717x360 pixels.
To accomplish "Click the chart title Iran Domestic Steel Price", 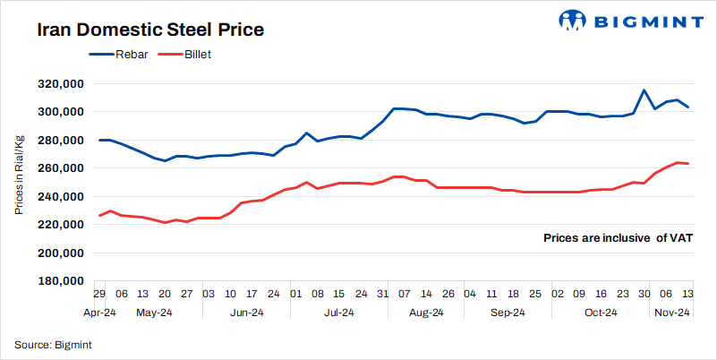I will point(149,30).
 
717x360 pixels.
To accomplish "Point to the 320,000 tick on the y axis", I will point(58,83).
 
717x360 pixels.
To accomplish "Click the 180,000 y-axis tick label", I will point(58,281).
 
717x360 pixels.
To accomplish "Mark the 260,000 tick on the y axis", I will point(58,168).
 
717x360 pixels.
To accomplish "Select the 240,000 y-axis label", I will point(58,196).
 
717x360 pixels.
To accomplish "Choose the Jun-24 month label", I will point(247,313).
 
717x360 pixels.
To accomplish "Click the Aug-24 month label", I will point(426,313).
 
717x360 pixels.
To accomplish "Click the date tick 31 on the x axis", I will point(382,294).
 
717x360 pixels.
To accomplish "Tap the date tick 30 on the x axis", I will point(644,294).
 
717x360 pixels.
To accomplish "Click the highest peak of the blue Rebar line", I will point(644,90).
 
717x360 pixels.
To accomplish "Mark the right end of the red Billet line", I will point(687,164).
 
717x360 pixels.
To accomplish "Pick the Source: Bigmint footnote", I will point(54,344).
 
